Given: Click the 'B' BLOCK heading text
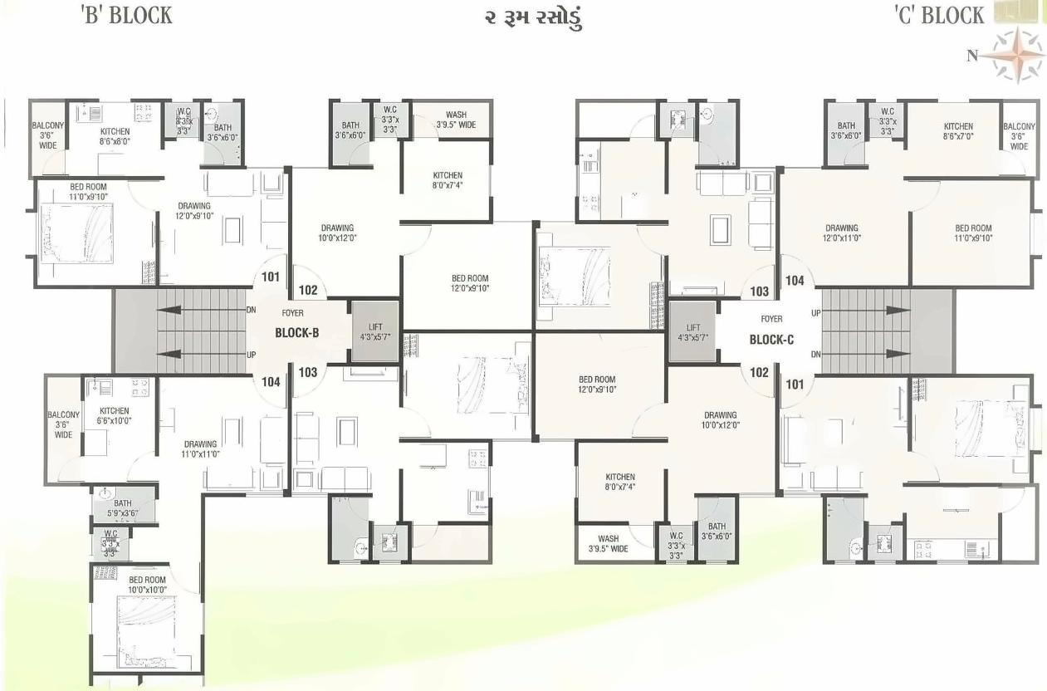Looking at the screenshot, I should pyautogui.click(x=127, y=15).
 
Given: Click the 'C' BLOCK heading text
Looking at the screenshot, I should pyautogui.click(x=938, y=15).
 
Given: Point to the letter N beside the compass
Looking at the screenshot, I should pyautogui.click(x=971, y=56).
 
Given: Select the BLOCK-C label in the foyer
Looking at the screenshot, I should pyautogui.click(x=771, y=339).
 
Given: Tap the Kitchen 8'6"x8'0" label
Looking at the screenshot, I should pyautogui.click(x=115, y=136).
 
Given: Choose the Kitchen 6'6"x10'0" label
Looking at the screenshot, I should pyautogui.click(x=115, y=415).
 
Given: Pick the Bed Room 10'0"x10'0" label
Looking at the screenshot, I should pyautogui.click(x=147, y=584).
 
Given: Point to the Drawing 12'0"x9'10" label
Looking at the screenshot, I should pyautogui.click(x=194, y=211).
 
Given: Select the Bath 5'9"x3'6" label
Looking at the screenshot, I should pyautogui.click(x=123, y=508).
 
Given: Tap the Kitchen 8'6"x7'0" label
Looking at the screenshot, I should pyautogui.click(x=957, y=131).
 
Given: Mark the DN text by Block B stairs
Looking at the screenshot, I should pyautogui.click(x=252, y=309).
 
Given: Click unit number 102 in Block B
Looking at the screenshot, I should pyautogui.click(x=308, y=291).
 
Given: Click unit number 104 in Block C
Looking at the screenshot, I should pyautogui.click(x=795, y=281).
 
